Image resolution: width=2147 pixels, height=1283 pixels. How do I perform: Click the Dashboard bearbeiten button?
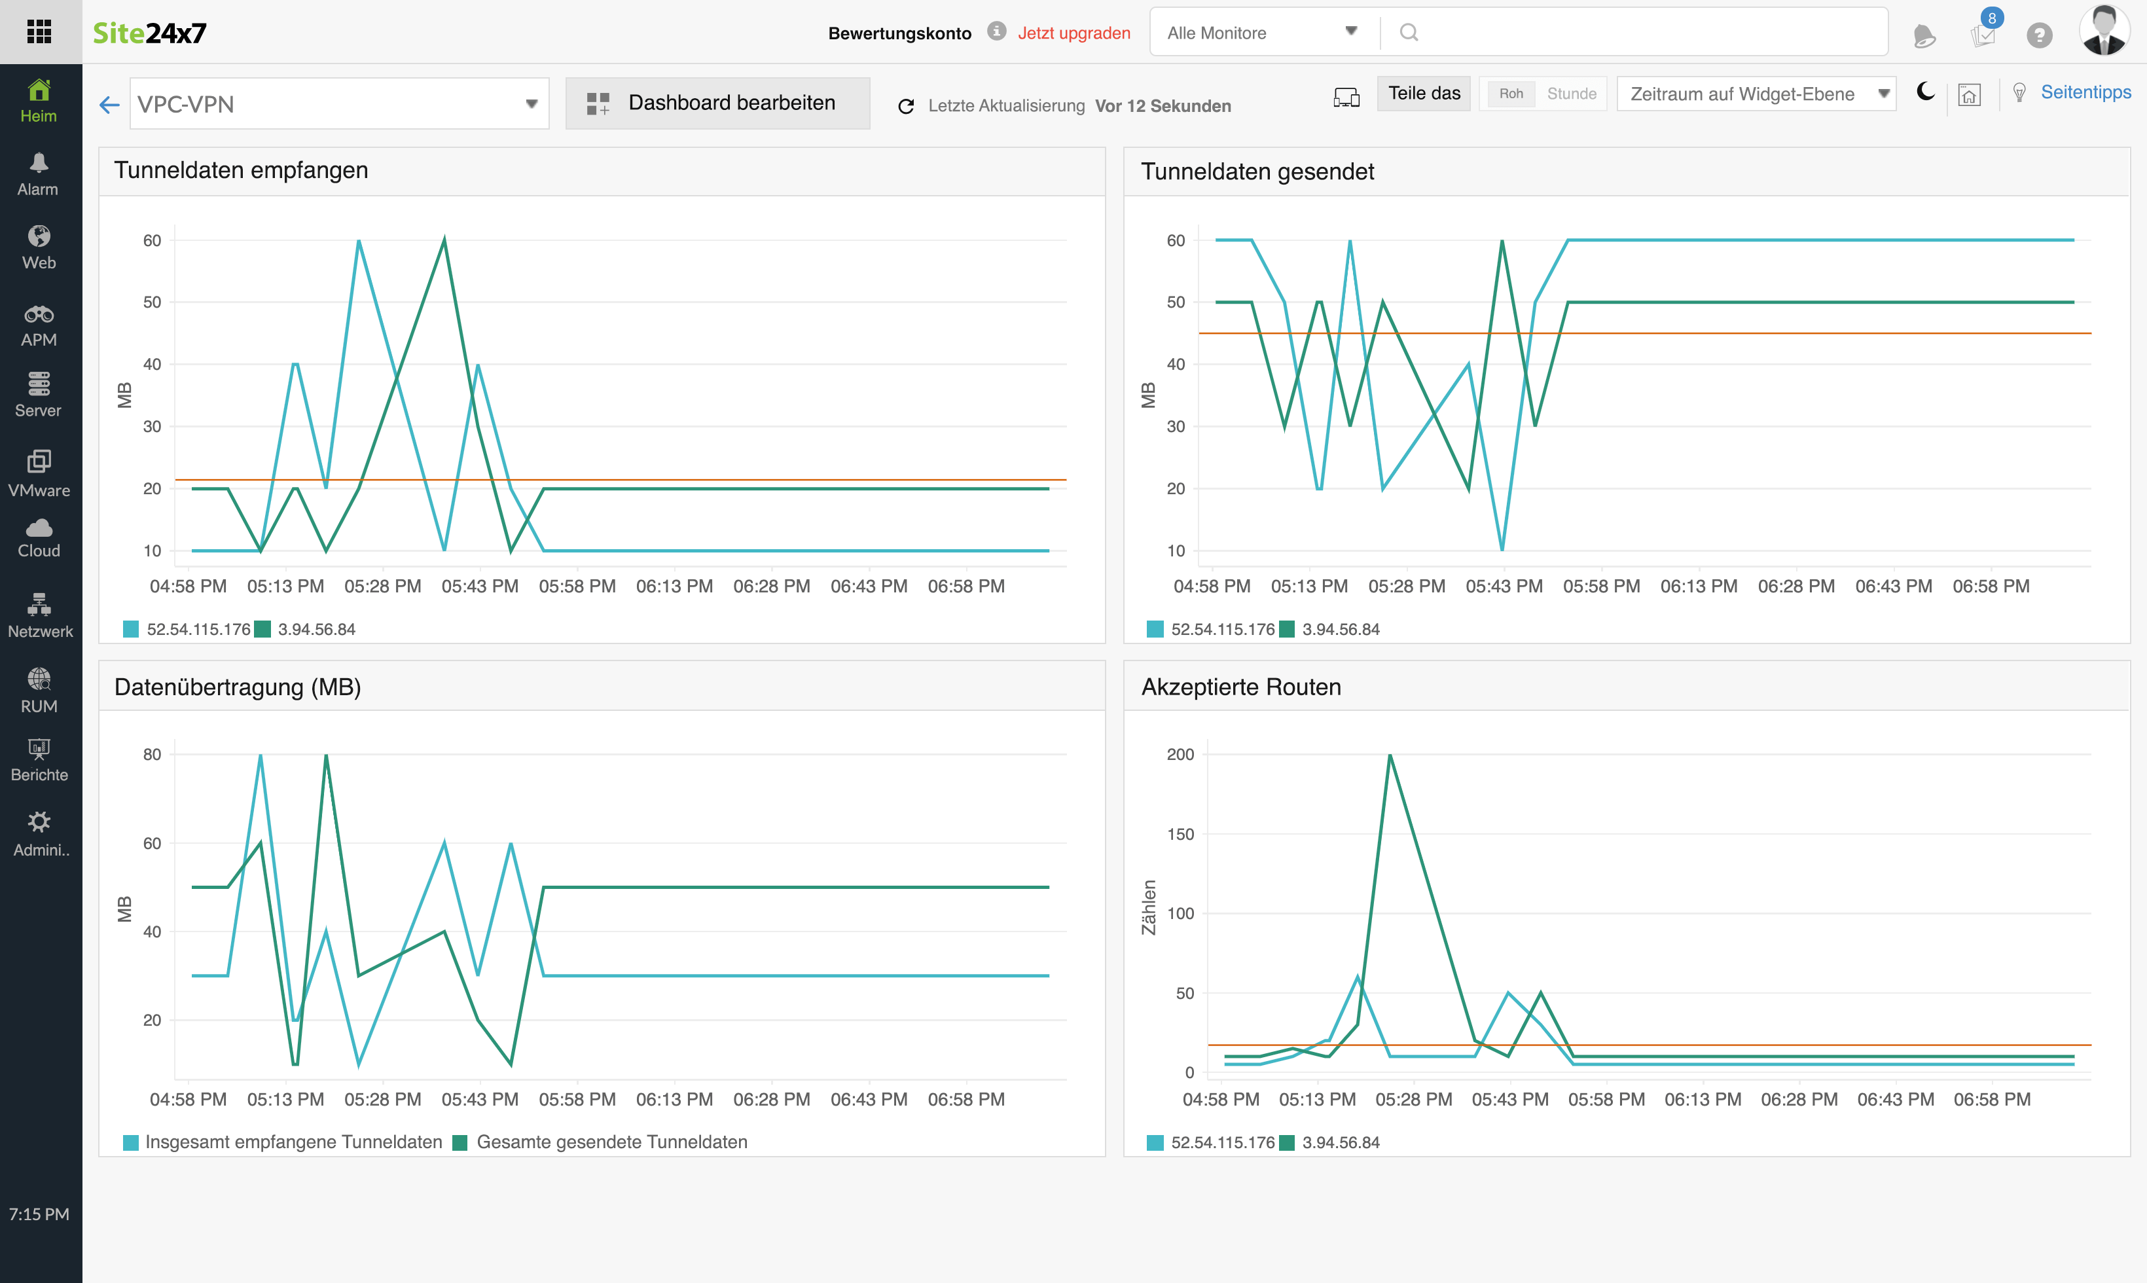[x=717, y=103]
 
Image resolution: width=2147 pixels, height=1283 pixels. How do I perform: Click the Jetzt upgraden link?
[x=1073, y=33]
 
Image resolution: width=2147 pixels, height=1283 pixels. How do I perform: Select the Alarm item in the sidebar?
[x=39, y=175]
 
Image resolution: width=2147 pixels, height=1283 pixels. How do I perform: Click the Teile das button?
[x=1424, y=94]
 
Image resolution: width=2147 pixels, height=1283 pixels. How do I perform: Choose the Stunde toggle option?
[x=1572, y=94]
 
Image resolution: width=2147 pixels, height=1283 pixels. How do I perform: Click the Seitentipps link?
[x=2085, y=92]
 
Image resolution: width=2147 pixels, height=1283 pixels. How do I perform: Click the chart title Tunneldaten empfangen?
[x=241, y=170]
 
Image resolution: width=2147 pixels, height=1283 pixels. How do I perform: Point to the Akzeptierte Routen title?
[x=1241, y=687]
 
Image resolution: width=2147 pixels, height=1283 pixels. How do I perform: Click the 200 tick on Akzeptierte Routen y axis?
[x=1180, y=755]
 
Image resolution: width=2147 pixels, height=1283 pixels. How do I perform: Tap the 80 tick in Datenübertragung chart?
[x=152, y=755]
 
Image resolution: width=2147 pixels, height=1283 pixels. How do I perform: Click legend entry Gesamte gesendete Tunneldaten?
[x=611, y=1142]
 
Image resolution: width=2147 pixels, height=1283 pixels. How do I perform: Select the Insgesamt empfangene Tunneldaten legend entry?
[x=293, y=1142]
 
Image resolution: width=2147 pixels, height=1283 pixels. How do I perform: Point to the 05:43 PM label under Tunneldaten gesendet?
[x=1504, y=586]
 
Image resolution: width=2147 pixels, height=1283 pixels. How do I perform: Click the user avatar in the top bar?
[x=2104, y=31]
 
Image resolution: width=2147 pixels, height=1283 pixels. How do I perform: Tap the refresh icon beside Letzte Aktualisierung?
[x=906, y=106]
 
